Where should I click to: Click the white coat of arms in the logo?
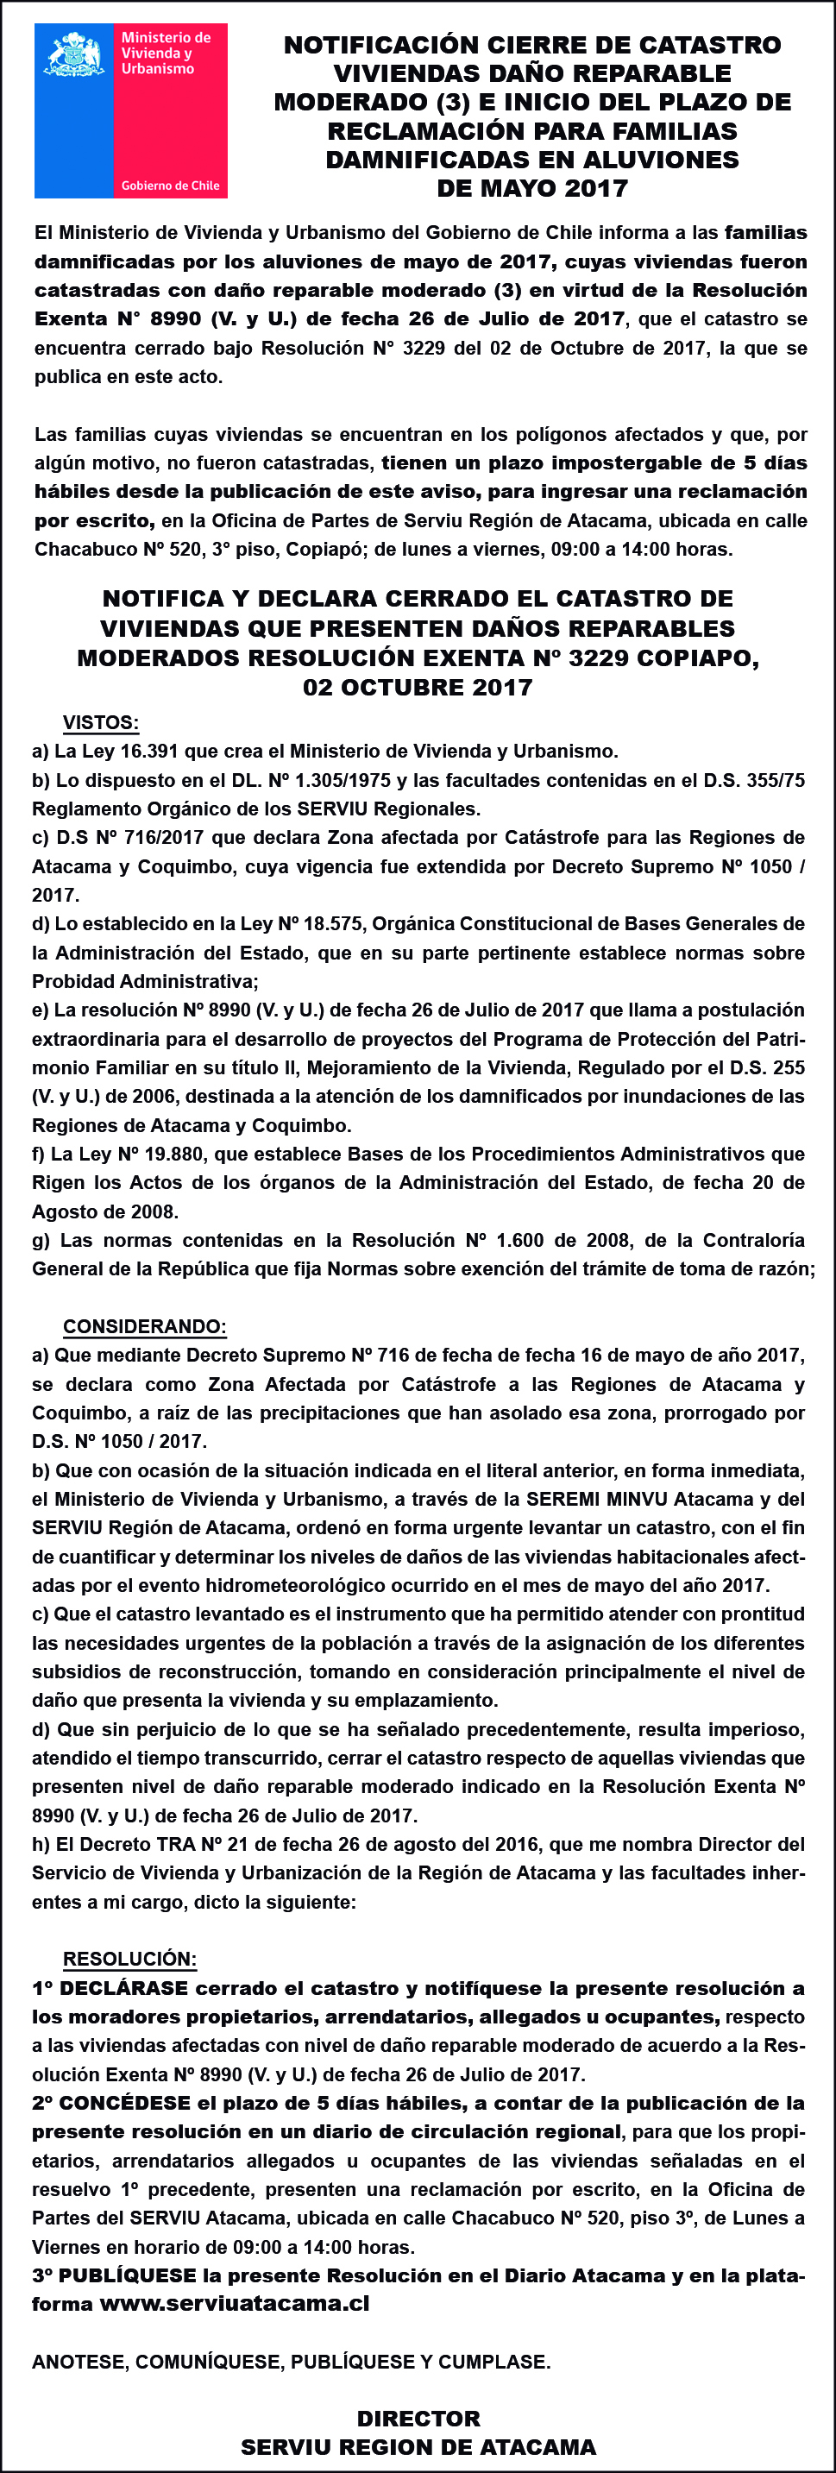pyautogui.click(x=75, y=53)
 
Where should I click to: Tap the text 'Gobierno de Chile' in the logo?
pyautogui.click(x=170, y=186)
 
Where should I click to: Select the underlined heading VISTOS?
pyautogui.click(x=101, y=723)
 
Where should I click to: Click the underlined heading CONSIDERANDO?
pyautogui.click(x=145, y=1327)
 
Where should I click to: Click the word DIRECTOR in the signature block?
pyautogui.click(x=418, y=2419)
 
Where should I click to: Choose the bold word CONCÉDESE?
pyautogui.click(x=125, y=2104)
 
